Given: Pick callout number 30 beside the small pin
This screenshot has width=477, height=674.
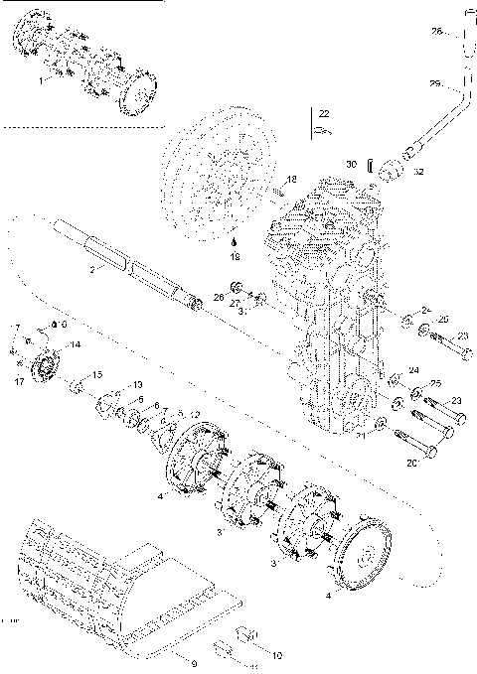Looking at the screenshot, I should point(351,164).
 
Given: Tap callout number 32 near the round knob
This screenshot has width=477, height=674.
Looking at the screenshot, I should point(418,172).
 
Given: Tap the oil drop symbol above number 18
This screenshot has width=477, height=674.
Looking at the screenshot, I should point(236,241).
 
